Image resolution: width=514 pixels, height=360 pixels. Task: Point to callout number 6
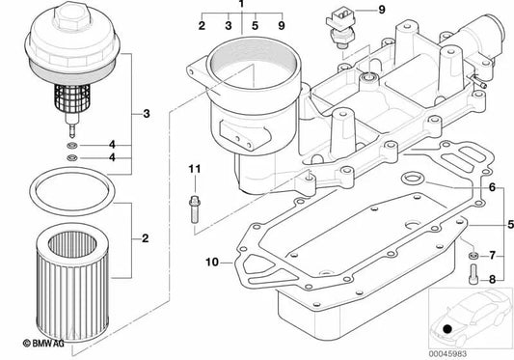click(x=491, y=187)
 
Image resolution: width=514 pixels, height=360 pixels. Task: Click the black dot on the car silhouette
click(x=447, y=330)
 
